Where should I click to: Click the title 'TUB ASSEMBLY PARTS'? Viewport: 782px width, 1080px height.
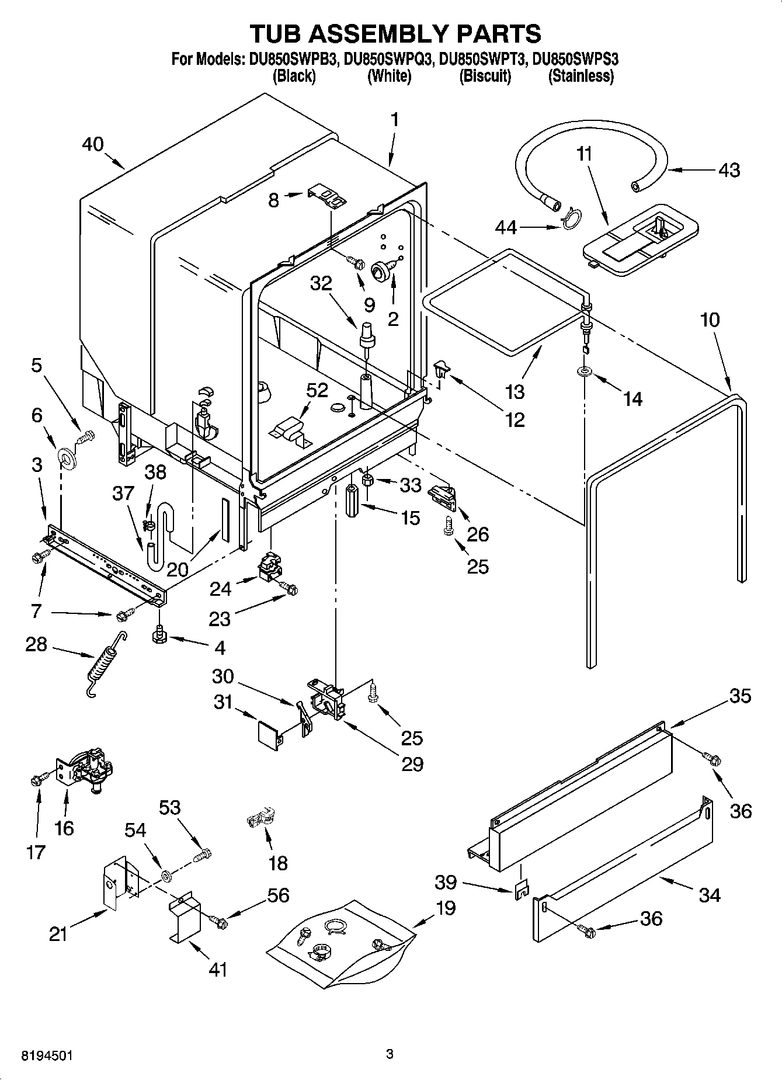pos(395,34)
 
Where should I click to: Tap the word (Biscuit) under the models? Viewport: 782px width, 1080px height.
pos(485,77)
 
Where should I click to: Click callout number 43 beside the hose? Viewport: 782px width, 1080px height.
pos(729,171)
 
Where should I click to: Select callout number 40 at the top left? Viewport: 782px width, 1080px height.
pos(92,145)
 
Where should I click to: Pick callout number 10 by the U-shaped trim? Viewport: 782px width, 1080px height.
pos(710,320)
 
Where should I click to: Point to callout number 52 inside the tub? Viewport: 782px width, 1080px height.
pos(317,391)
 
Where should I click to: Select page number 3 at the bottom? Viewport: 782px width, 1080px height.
pos(390,1054)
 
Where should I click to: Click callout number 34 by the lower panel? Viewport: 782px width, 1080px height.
pos(709,894)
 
